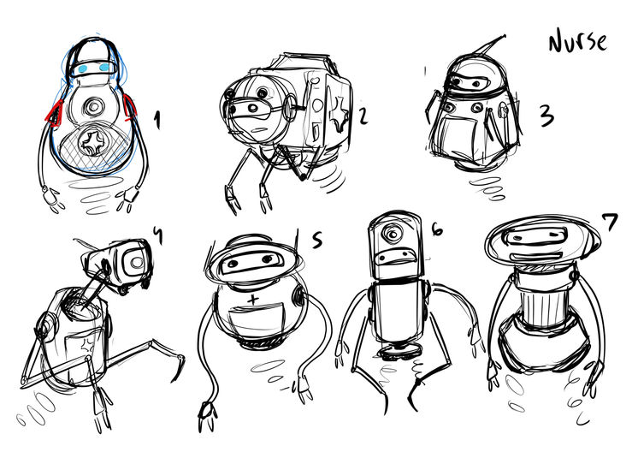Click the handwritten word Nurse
click(578, 42)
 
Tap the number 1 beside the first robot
click(157, 121)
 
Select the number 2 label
click(363, 115)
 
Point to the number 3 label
click(546, 116)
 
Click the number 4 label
click(158, 235)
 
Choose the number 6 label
click(436, 230)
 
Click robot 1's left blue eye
click(83, 68)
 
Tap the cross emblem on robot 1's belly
click(93, 142)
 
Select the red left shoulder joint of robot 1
click(54, 112)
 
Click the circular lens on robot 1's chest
click(93, 108)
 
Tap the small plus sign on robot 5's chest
click(253, 300)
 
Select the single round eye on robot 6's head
click(393, 235)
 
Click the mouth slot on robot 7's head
click(537, 257)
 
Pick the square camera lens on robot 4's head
click(136, 261)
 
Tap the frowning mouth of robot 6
click(394, 257)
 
